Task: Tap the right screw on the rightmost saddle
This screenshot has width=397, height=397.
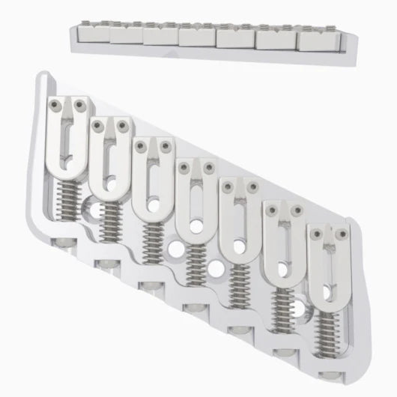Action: point(342,234)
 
